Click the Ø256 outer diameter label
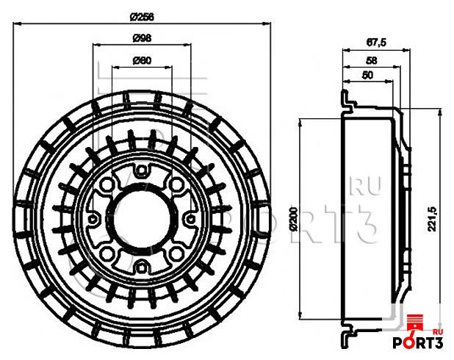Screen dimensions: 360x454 pos(143,15)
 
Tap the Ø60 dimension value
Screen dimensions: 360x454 pos(143,60)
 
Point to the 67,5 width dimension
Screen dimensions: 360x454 pos(375,42)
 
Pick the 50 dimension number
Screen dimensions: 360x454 pos(367,75)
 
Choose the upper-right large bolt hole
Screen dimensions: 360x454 pos(176,183)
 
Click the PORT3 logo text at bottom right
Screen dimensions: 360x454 pos(419,342)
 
